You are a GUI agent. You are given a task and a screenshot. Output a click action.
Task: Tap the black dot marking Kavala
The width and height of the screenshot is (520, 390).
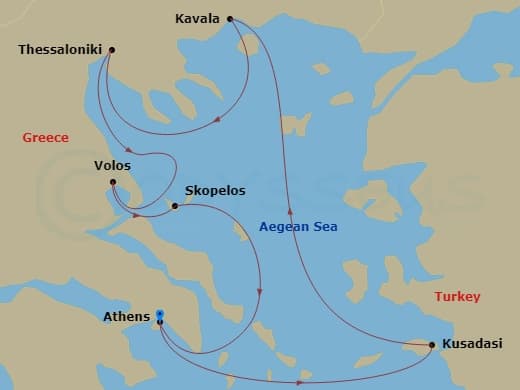point(231,18)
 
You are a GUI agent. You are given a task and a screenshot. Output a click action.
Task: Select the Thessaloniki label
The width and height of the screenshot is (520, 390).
point(61,49)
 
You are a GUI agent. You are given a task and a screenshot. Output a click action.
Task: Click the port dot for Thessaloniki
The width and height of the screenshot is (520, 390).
point(111,49)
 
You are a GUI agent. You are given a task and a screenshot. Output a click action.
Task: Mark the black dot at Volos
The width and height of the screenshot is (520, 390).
point(113,182)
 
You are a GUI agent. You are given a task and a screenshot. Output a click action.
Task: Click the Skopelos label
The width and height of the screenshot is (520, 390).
point(215,190)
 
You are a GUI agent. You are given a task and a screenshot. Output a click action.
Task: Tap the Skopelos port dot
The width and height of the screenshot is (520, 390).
point(175,207)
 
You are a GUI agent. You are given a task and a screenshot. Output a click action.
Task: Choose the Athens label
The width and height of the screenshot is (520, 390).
point(127,318)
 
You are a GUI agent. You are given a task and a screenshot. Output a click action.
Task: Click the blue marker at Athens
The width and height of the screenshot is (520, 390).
point(160,316)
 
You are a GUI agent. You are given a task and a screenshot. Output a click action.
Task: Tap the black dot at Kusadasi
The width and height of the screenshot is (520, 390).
point(431,346)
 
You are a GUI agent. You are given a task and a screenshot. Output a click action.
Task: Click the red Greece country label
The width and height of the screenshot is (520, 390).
point(45,138)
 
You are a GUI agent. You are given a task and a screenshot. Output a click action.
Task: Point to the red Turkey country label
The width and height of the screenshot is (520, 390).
point(458,297)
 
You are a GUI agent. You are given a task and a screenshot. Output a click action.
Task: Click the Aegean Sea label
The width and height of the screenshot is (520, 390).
point(298,227)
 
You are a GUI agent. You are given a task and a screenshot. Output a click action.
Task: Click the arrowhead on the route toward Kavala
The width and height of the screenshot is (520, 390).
point(291,210)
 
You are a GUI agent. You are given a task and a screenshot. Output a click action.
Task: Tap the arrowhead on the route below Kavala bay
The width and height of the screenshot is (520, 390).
point(219,121)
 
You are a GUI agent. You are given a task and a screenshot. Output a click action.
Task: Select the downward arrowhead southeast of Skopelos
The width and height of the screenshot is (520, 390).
point(260,293)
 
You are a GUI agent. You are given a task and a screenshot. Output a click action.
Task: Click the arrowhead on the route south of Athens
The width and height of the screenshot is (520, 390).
point(300,382)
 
